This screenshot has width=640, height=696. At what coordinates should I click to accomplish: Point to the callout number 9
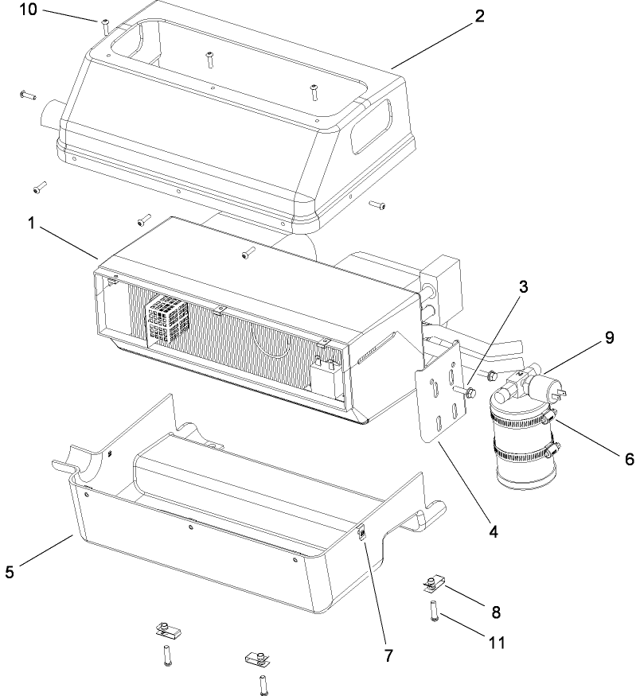click(x=609, y=337)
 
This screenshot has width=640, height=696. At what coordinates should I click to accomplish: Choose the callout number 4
click(x=494, y=530)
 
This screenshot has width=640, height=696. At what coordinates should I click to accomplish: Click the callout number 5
click(x=9, y=571)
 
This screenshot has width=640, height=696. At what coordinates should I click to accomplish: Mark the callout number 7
click(x=388, y=657)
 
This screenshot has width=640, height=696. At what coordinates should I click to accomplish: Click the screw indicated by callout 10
click(x=105, y=25)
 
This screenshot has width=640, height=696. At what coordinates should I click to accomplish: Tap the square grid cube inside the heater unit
click(x=168, y=321)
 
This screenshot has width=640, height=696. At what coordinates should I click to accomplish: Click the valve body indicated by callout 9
click(x=529, y=385)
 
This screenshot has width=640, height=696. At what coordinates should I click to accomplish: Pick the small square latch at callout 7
click(x=361, y=534)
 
